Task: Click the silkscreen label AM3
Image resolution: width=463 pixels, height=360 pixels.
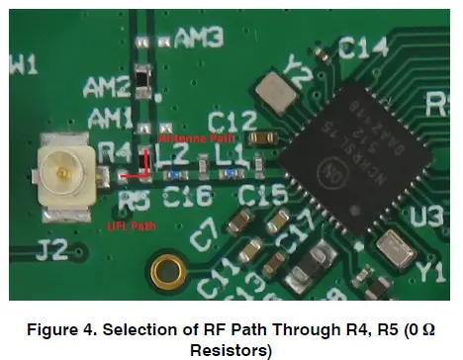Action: [x=197, y=39]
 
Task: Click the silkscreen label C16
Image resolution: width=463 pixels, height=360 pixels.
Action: [x=188, y=197]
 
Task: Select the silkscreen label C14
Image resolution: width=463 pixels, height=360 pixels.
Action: [x=360, y=46]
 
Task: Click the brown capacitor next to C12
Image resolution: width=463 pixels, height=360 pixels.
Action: [x=264, y=138]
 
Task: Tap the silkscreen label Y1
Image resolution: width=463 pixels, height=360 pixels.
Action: [x=434, y=269]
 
